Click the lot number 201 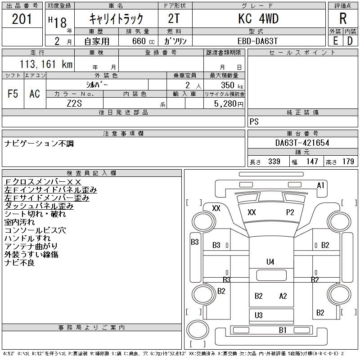22,19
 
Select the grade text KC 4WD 258,18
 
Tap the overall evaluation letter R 343,18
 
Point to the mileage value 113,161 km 46,64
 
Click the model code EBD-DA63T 257,41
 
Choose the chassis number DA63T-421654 302,143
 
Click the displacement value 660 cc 143,41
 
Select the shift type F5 13,94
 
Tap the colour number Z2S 74,103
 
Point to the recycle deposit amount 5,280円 229,103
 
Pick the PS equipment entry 254,121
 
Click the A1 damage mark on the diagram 320,185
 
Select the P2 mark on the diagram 290,212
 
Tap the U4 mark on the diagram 270,261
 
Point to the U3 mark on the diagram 258,315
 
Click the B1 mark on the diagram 283,330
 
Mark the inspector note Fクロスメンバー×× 43,182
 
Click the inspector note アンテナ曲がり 31,246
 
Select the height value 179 348,162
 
